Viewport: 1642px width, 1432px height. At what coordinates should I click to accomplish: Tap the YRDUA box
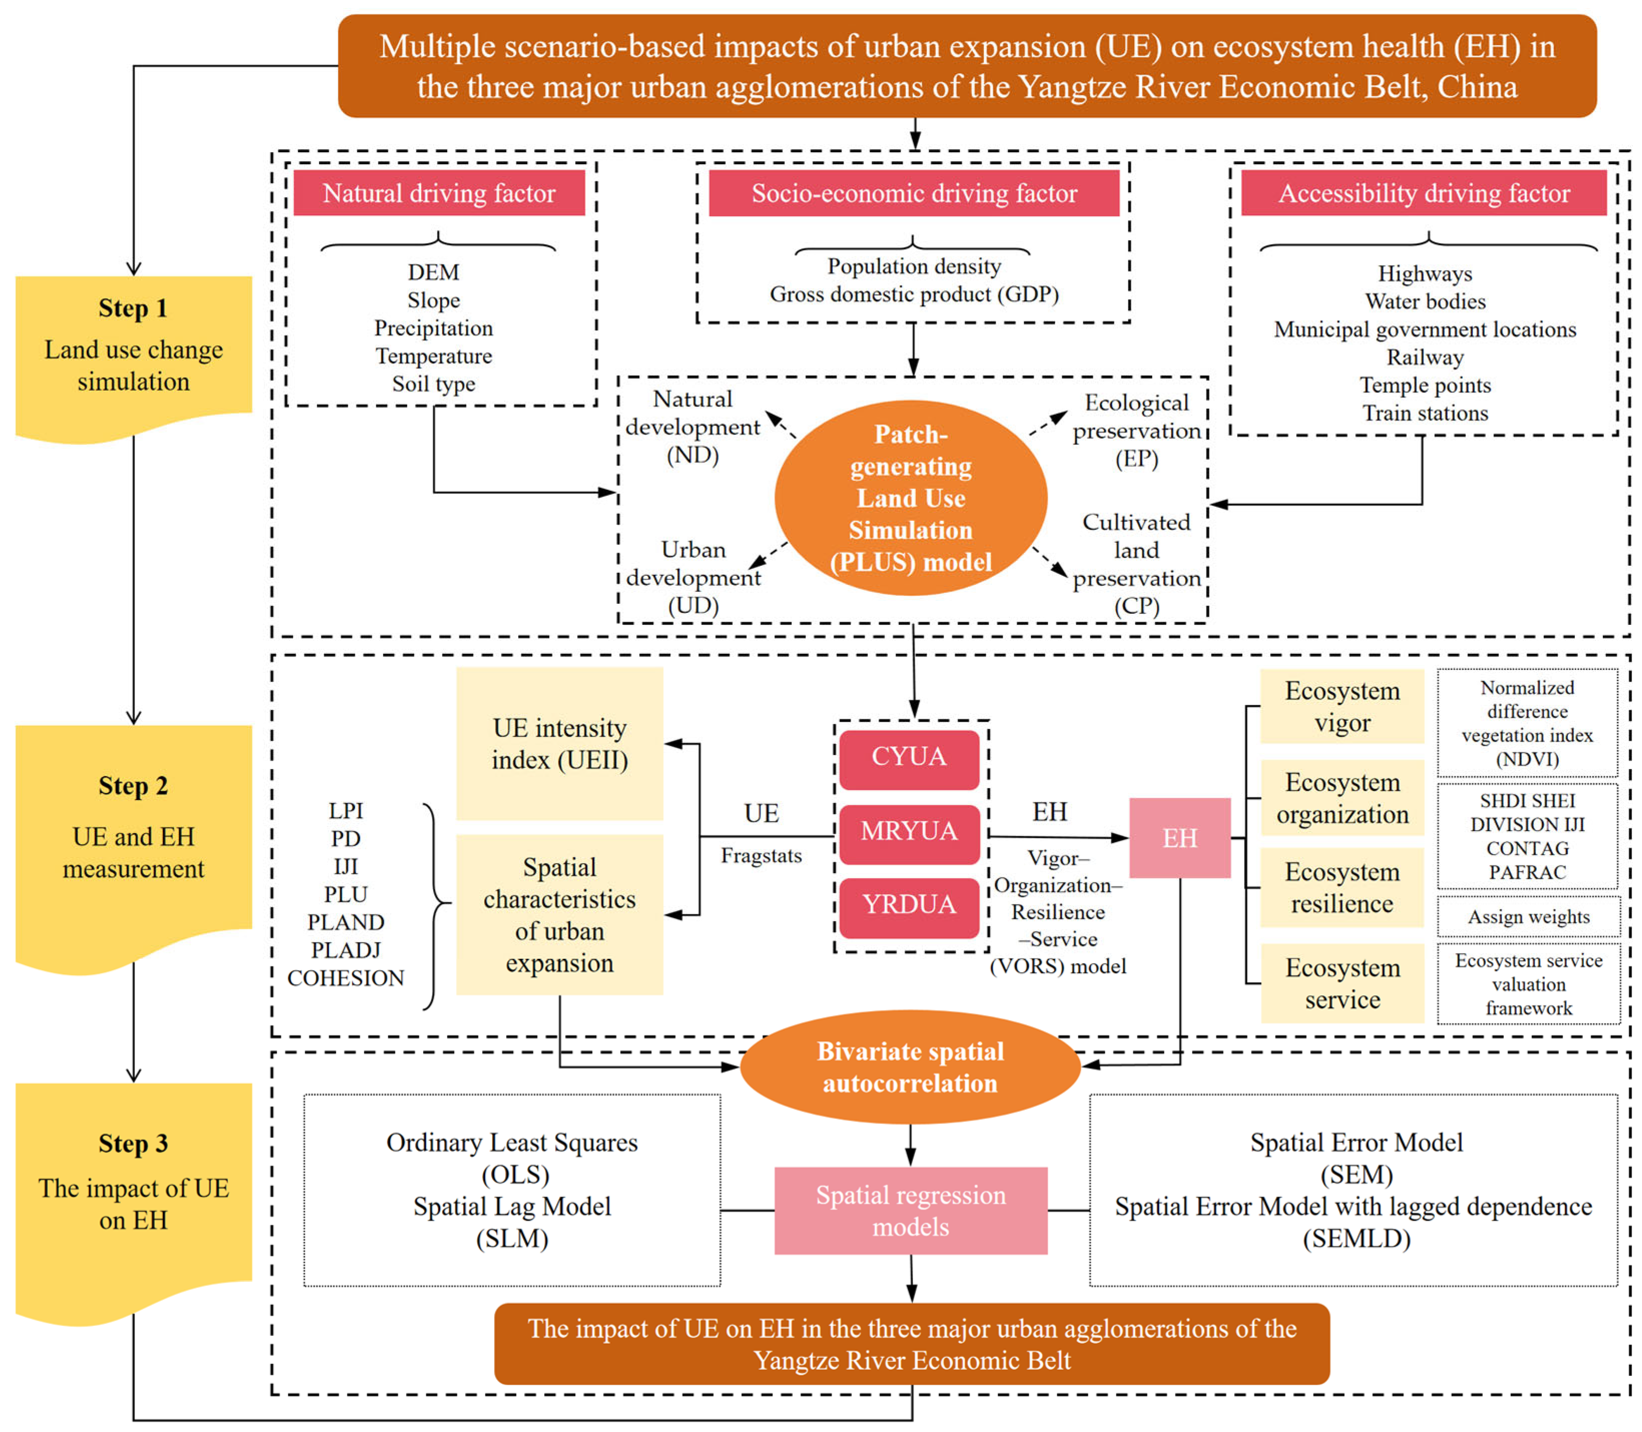click(909, 907)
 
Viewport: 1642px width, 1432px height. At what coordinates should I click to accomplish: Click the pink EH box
click(1179, 838)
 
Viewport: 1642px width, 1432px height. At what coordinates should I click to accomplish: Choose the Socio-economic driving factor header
click(914, 193)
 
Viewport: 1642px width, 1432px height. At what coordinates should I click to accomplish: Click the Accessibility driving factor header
click(1424, 193)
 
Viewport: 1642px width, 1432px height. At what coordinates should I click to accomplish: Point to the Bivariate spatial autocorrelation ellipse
click(910, 1067)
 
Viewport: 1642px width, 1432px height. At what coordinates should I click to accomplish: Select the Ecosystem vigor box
click(1342, 706)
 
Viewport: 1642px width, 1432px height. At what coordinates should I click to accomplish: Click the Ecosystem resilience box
click(1342, 888)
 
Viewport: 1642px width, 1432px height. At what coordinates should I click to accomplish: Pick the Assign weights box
click(1528, 917)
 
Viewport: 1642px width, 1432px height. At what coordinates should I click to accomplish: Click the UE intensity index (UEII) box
click(559, 744)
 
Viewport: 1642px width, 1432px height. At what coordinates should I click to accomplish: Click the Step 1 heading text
click(134, 308)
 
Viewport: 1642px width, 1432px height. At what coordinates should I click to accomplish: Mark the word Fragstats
click(761, 856)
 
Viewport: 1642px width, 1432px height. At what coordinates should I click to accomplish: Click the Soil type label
click(434, 385)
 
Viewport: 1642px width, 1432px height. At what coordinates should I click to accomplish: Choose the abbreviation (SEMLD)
click(1357, 1239)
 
